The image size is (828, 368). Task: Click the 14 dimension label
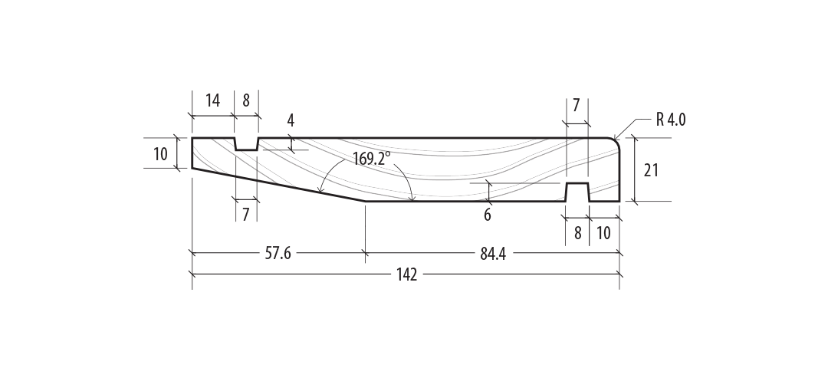point(212,100)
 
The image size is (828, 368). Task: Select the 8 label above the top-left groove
point(246,100)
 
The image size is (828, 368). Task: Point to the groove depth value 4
point(291,120)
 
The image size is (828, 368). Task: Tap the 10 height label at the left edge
point(160,153)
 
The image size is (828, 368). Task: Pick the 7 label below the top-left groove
point(246,215)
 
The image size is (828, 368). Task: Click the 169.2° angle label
point(372,159)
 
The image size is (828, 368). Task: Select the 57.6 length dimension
point(278,254)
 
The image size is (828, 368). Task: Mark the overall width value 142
point(407,275)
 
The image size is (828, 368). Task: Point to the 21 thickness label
point(651,170)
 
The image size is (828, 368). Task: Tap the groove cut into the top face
point(246,144)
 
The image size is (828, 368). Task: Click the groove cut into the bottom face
point(577,192)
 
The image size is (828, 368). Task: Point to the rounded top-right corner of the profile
point(616,142)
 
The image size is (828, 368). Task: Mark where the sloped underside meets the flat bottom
point(366,202)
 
